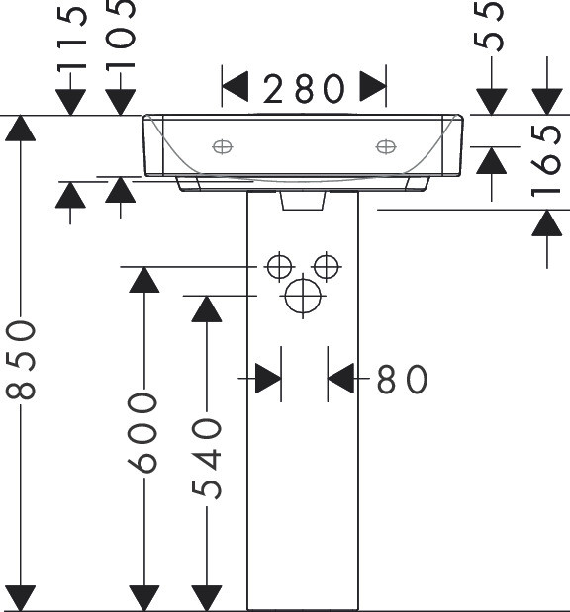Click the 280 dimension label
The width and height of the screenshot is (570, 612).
point(305,89)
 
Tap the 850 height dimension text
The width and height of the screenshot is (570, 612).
point(21,360)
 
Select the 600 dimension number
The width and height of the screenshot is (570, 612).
point(142,433)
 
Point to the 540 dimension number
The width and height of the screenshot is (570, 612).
point(207,459)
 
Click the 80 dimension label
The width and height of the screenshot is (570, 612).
point(402,379)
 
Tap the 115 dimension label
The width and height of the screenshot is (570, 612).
point(72,39)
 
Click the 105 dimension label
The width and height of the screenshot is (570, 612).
point(121,35)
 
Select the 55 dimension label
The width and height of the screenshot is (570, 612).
point(488,26)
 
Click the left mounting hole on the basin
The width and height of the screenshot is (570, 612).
point(223,147)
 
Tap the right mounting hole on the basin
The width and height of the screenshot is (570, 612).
point(386,147)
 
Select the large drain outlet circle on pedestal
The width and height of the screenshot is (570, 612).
point(303,296)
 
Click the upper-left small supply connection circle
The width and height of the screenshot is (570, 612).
point(279,267)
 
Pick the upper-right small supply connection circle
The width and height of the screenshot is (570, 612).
point(327,267)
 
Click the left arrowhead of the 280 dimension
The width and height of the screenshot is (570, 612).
point(236,87)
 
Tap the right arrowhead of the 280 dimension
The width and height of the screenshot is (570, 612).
point(373,86)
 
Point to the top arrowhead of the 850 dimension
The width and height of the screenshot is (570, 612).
point(21,128)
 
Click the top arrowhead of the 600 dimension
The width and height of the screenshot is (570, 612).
point(144,280)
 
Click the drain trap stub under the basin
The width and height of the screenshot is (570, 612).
point(303,201)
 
